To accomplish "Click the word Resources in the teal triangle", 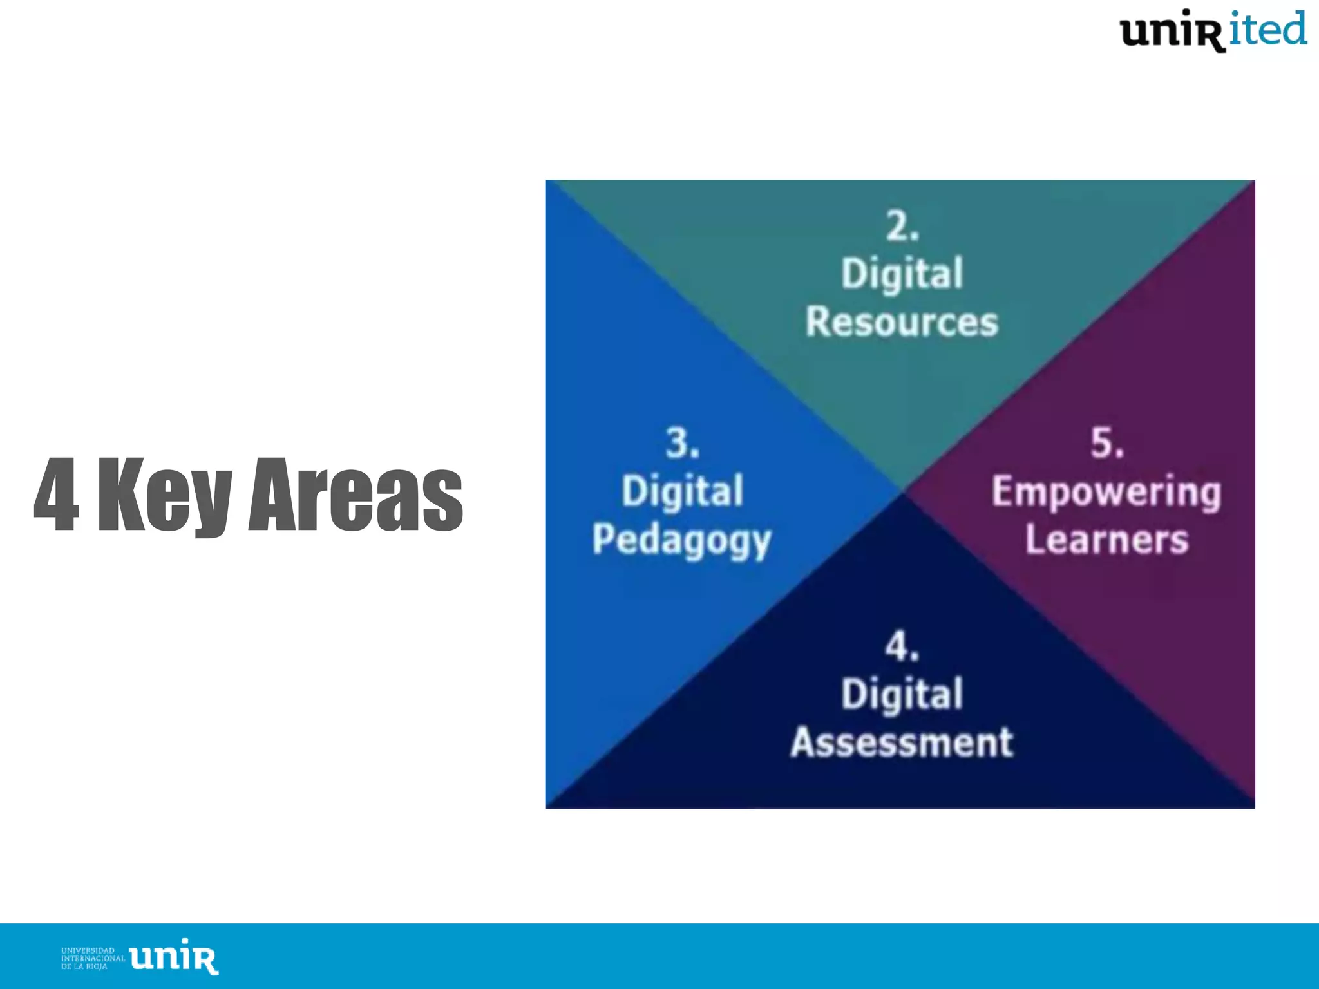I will click(x=902, y=322).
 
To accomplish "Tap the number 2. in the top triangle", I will click(x=902, y=227).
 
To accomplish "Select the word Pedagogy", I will click(x=681, y=541).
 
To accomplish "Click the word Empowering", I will click(x=1106, y=493).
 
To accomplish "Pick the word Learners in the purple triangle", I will click(x=1106, y=540).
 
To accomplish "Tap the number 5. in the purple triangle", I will click(x=1107, y=443).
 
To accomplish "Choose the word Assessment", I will click(x=902, y=742).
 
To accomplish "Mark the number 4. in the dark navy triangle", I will click(x=902, y=646).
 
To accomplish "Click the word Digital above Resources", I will click(x=902, y=274).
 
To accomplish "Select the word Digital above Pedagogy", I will click(x=682, y=491).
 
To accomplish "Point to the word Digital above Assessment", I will click(x=902, y=694).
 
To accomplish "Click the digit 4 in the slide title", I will click(x=57, y=494).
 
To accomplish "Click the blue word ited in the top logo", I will click(x=1267, y=30).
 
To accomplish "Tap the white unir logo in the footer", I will click(x=174, y=957).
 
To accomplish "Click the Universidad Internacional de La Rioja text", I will click(x=93, y=958).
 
